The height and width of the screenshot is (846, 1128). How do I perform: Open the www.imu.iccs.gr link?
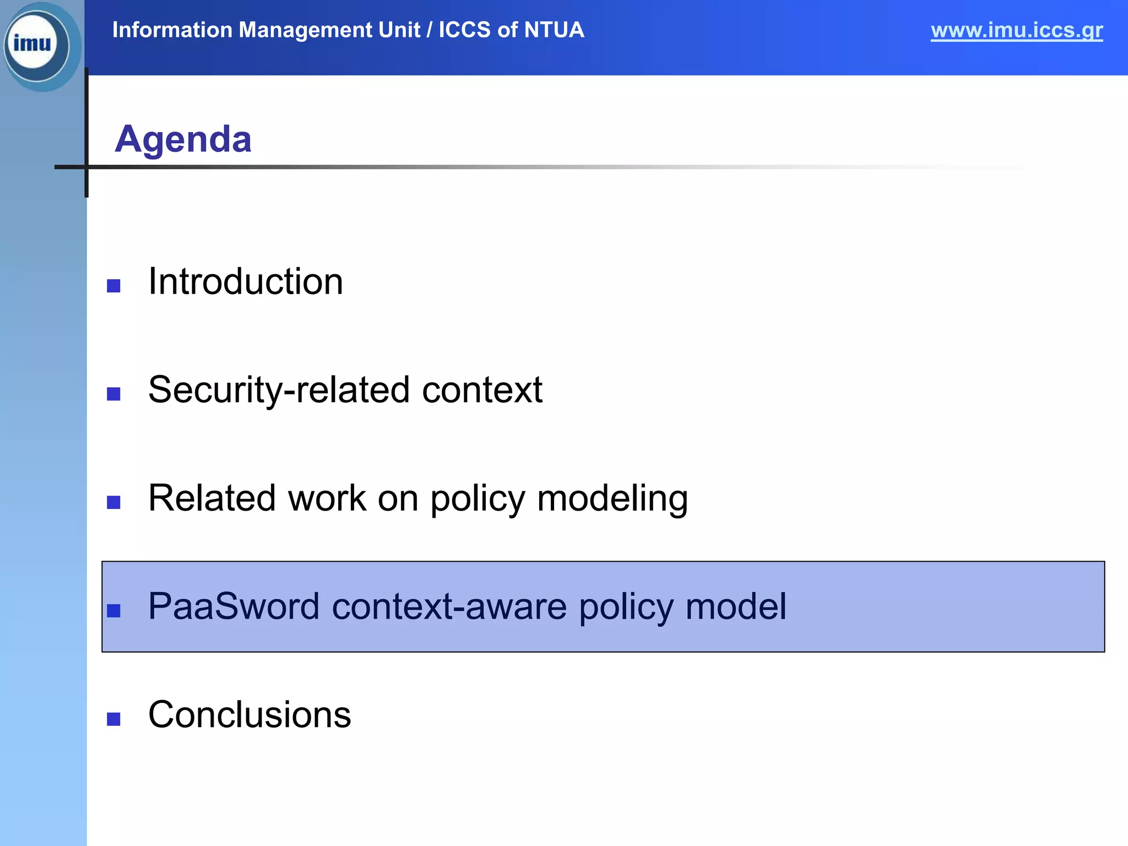coord(1016,30)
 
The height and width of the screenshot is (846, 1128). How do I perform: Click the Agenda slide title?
coord(183,139)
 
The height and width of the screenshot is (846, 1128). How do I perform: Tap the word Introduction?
coord(246,281)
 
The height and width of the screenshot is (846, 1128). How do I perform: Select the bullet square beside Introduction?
coord(113,286)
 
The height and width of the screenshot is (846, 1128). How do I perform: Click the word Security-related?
coord(279,390)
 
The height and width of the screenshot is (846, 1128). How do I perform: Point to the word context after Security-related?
coord(482,390)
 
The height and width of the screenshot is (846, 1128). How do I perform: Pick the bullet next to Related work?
coord(113,502)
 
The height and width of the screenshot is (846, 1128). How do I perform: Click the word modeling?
coord(612,498)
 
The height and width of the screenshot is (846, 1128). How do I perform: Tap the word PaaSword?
coord(234,606)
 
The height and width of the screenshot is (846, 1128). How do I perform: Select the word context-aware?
coord(449,606)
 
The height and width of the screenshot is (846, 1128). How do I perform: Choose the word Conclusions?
coord(250,715)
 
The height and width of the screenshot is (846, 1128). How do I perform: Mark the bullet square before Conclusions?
coord(113,719)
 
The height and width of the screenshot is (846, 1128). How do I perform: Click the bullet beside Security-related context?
coord(113,394)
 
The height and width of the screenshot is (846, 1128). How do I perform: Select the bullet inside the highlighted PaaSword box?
coord(113,610)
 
